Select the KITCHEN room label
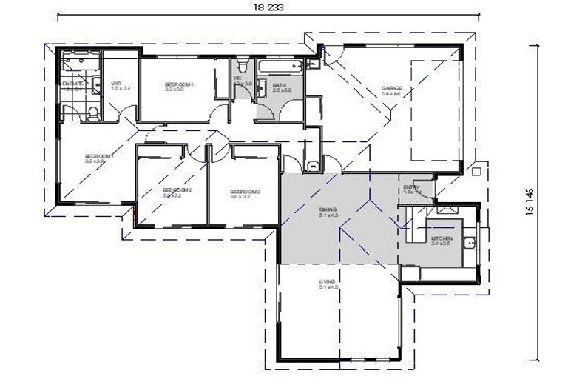442,240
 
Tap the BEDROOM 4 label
178,87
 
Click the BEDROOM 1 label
98,158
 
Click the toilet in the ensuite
92,112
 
